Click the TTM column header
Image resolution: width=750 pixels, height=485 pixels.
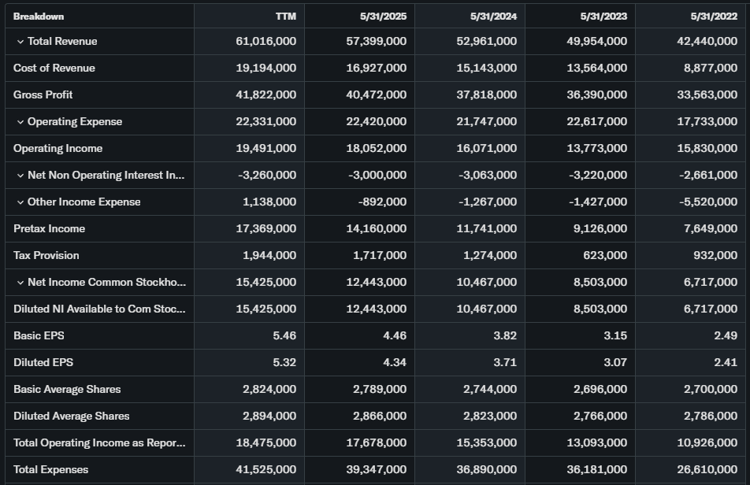coord(285,16)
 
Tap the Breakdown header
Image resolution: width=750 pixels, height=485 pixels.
coord(39,16)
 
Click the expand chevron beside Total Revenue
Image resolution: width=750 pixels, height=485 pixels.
coord(20,41)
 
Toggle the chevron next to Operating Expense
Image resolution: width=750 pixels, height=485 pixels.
coord(20,121)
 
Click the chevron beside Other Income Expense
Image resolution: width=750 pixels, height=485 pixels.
coord(20,202)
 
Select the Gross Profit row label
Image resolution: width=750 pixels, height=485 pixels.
coord(43,94)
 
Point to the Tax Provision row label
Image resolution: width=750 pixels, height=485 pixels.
coord(46,255)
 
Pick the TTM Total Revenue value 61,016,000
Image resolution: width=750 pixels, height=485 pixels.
coord(266,41)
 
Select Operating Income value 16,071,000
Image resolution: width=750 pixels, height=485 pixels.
coord(487,148)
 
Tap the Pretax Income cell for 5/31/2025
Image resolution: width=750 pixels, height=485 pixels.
coord(377,228)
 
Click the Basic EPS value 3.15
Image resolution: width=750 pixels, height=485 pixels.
coord(614,335)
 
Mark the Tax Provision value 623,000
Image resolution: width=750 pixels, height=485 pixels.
coord(605,255)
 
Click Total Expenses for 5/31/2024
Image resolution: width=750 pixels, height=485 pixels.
coord(487,469)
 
